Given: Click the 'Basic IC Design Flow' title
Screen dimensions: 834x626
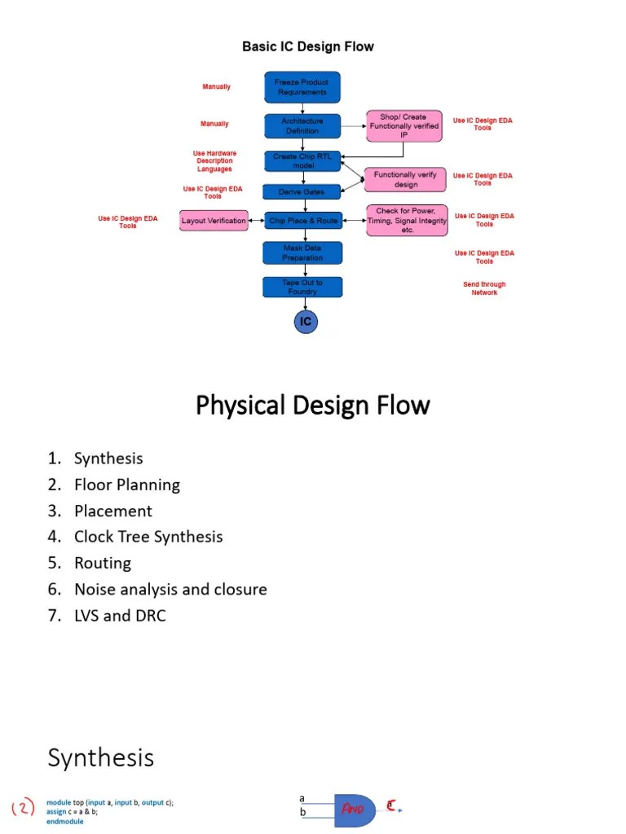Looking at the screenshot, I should [x=307, y=46].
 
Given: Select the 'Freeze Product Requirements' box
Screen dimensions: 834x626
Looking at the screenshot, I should [x=302, y=87].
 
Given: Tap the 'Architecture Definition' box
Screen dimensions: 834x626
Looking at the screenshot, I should [x=302, y=125].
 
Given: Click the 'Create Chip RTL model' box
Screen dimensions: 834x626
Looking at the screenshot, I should [x=302, y=160].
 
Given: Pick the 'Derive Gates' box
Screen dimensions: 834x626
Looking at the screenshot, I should [x=302, y=191].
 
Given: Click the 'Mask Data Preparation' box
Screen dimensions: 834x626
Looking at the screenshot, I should [x=302, y=252].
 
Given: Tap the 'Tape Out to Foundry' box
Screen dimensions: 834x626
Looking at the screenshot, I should [x=302, y=287].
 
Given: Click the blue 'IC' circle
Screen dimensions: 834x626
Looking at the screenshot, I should [x=306, y=322].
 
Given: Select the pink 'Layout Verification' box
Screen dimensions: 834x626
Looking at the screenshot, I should [x=214, y=220].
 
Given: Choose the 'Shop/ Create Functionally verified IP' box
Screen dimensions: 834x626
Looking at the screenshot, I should [x=403, y=126].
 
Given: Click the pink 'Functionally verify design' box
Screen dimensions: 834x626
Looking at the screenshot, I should [x=405, y=179].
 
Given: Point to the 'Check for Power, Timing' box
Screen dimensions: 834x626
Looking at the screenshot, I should [x=407, y=220].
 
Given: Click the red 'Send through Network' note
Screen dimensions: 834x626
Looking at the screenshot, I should [x=484, y=288].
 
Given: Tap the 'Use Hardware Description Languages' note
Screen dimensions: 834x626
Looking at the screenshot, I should [x=214, y=160].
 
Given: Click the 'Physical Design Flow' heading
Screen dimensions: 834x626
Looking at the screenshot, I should [x=312, y=405].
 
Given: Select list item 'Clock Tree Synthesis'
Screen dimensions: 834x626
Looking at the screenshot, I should [x=148, y=537].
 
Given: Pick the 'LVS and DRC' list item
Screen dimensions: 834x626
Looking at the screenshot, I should [x=120, y=615].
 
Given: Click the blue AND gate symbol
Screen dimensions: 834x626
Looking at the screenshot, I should [x=353, y=809].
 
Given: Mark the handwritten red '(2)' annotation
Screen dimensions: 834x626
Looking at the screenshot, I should [x=24, y=808].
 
